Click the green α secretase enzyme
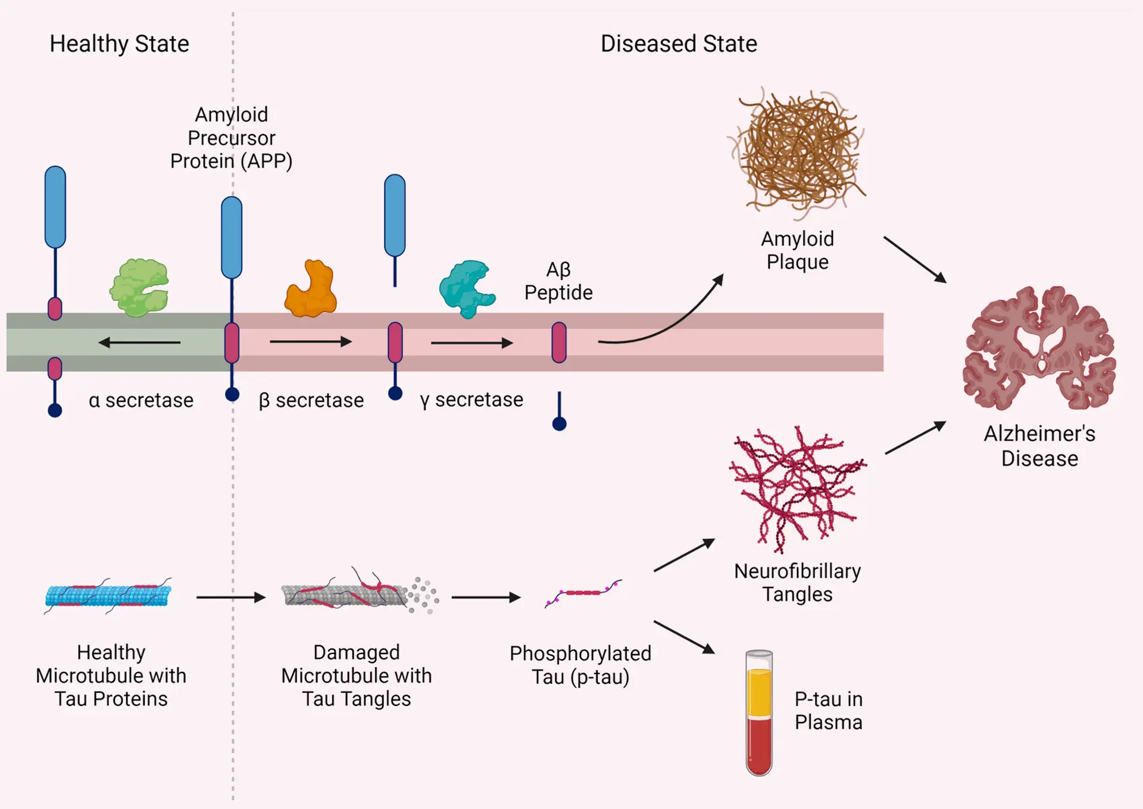coord(139,287)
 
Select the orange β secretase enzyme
coord(311,290)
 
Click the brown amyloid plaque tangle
coord(797,152)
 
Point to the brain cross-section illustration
coord(1039,349)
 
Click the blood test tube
coord(759,713)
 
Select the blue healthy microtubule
coord(108,596)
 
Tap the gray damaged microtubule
coord(351,595)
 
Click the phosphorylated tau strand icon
coord(583,593)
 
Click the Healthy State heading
coord(119,44)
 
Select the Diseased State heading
coord(679,44)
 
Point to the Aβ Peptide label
coord(558,281)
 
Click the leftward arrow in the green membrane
coord(139,343)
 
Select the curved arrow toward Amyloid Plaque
coord(667,322)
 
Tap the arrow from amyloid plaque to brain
coord(915,260)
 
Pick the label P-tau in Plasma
coord(828,711)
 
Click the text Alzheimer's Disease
coord(1039,446)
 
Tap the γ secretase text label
coord(471,400)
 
